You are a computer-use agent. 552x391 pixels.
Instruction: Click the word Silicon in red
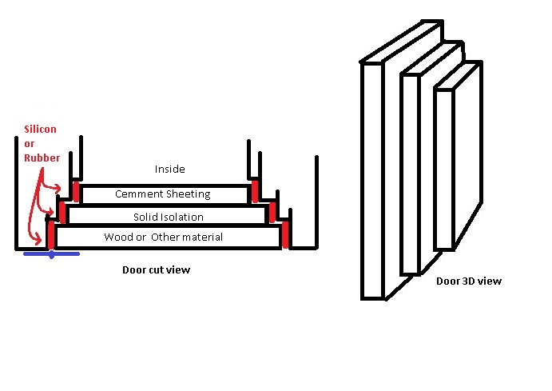tap(40, 130)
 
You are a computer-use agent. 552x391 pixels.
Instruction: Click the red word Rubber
tap(42, 158)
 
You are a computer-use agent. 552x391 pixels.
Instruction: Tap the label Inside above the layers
tap(169, 169)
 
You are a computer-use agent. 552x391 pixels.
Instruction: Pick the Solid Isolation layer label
tap(168, 217)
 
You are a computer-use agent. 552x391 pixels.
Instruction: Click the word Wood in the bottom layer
tap(117, 237)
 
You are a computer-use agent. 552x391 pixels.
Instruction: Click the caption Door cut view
tap(156, 269)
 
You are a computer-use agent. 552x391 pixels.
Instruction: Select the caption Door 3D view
tap(468, 281)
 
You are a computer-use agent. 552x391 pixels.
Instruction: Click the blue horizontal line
tap(51, 254)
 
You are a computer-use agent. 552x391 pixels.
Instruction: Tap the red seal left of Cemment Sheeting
tap(77, 191)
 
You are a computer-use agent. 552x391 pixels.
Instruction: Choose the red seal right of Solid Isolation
tap(272, 212)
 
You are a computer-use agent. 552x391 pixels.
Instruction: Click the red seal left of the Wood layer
tap(50, 236)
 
